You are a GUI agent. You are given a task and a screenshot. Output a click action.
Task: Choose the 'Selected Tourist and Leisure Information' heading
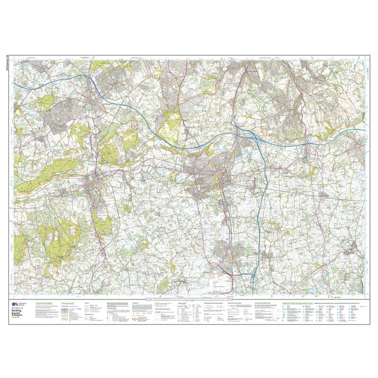pos(298,303)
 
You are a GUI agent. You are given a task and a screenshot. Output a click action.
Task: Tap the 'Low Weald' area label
pos(196,228)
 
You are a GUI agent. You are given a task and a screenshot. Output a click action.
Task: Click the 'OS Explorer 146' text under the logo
pos(18,307)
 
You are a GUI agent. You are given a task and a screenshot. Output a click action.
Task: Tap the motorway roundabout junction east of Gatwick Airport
pos(254,275)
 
